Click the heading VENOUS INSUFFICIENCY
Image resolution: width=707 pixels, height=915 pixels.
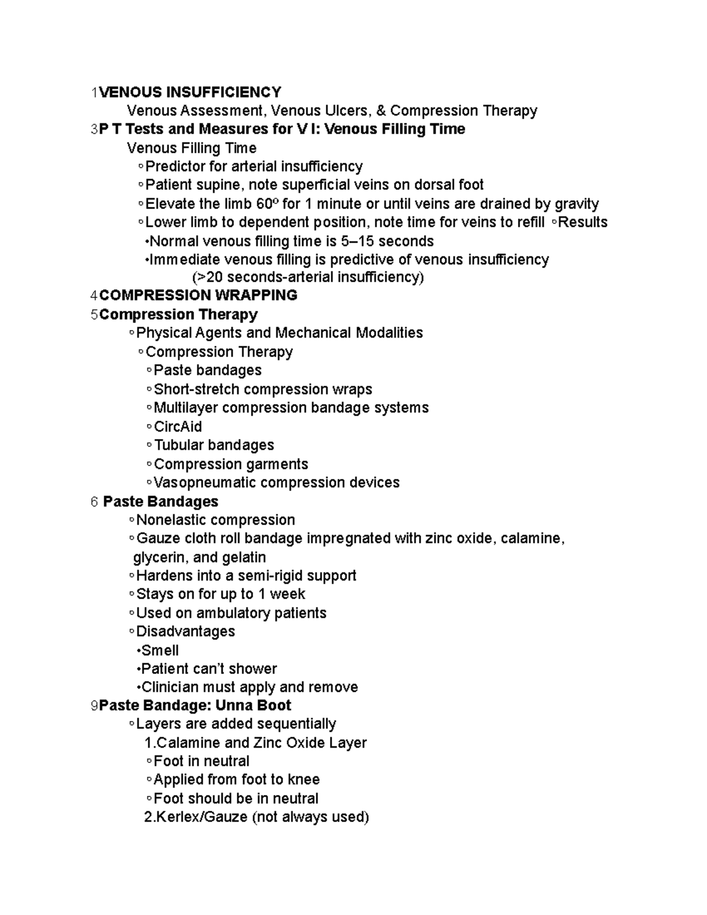[190, 93]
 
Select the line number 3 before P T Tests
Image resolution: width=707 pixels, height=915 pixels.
[94, 130]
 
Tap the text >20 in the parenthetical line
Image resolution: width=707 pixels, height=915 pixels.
[207, 278]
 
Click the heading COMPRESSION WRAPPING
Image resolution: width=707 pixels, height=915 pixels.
[198, 295]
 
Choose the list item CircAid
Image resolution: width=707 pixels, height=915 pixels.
[177, 427]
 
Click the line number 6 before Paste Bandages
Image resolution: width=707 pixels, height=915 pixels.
[94, 502]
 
